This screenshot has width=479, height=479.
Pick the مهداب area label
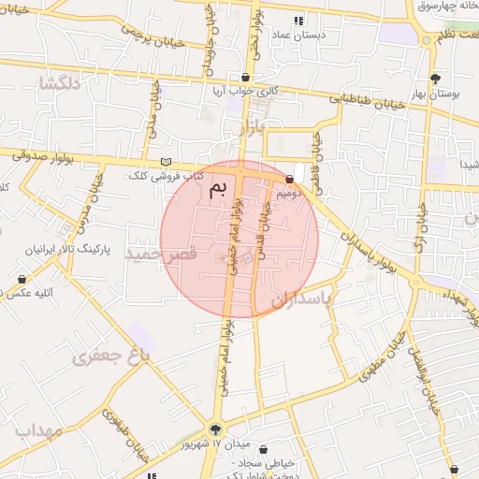[37, 431]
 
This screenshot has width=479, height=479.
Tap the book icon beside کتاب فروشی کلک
[167, 162]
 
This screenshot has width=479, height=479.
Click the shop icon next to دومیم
[289, 179]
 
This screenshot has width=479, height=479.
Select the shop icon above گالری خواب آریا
[246, 78]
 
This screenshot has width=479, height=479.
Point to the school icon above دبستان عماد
[298, 21]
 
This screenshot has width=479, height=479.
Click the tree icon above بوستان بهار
[435, 78]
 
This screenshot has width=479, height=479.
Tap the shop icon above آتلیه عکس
[22, 279]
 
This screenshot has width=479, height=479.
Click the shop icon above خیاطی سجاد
[262, 450]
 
